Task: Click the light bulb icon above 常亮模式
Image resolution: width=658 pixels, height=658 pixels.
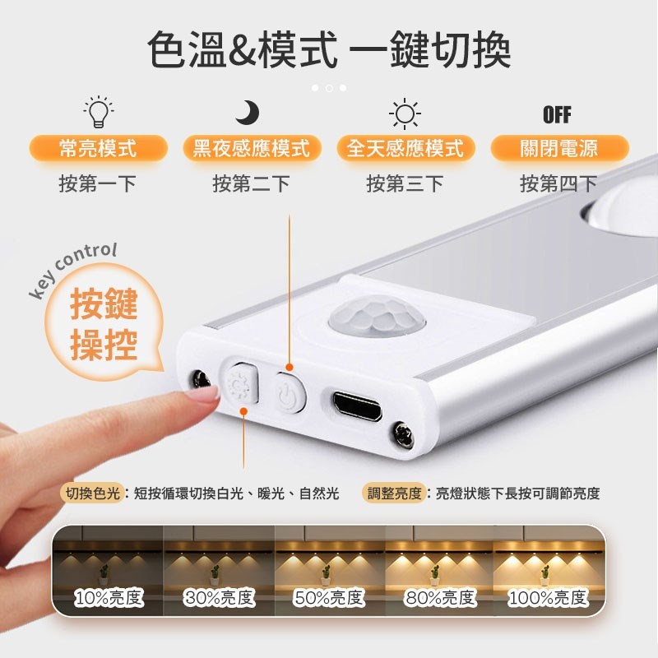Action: coord(98,112)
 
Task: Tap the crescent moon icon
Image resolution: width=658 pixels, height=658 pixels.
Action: coord(248,112)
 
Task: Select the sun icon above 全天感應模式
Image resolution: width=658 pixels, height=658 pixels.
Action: coord(405,114)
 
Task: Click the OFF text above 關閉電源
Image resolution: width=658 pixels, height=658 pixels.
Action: coord(557,114)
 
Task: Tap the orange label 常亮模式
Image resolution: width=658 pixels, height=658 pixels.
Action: coord(98,148)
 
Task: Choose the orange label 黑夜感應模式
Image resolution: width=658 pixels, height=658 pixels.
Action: coord(252,148)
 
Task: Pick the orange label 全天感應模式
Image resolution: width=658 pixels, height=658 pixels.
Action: coord(405,148)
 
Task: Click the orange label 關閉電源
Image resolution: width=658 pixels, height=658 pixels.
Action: coord(559,148)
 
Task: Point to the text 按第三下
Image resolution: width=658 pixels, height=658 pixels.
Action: coord(405,183)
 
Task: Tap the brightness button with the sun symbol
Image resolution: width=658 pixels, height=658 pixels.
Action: coord(240,382)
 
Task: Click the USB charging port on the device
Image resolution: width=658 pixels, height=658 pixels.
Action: coord(358,406)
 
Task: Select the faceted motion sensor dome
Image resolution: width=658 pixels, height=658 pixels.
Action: coord(377,317)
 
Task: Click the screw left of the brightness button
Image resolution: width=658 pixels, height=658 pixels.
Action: coord(202,379)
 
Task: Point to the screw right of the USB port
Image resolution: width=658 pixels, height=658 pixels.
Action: coord(403,434)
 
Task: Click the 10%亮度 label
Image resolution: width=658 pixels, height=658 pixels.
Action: coord(109,597)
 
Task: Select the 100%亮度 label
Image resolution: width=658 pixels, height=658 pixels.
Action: coord(548,597)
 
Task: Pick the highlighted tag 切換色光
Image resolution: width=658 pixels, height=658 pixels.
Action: coord(93,493)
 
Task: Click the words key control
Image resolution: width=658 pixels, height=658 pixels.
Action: coord(72,269)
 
